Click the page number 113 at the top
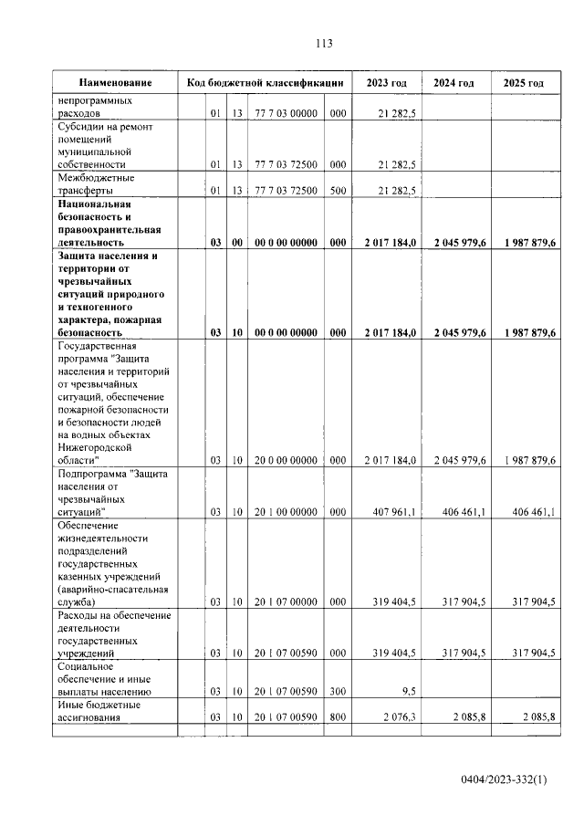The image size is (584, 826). (x=322, y=43)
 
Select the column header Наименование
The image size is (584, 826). (x=115, y=83)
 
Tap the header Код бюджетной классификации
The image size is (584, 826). (x=265, y=83)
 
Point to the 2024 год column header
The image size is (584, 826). (x=454, y=83)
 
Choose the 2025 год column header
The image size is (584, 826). (x=523, y=83)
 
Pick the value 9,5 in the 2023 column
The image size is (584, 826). (x=408, y=692)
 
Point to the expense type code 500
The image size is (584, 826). (x=338, y=191)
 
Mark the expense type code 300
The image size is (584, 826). (x=338, y=692)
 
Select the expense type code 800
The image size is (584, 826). (x=338, y=717)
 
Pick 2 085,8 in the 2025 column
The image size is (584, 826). (x=536, y=717)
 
